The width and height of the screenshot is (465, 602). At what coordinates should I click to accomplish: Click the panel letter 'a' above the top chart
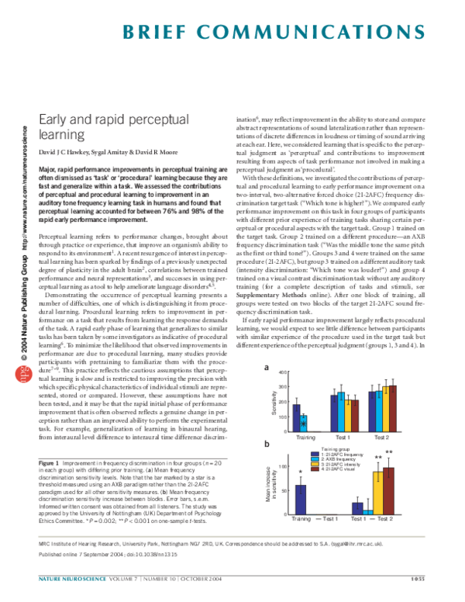[267, 368]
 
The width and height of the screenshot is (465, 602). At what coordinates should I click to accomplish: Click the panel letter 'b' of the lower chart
[267, 444]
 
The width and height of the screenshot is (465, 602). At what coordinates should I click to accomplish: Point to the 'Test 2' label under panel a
[381, 438]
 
